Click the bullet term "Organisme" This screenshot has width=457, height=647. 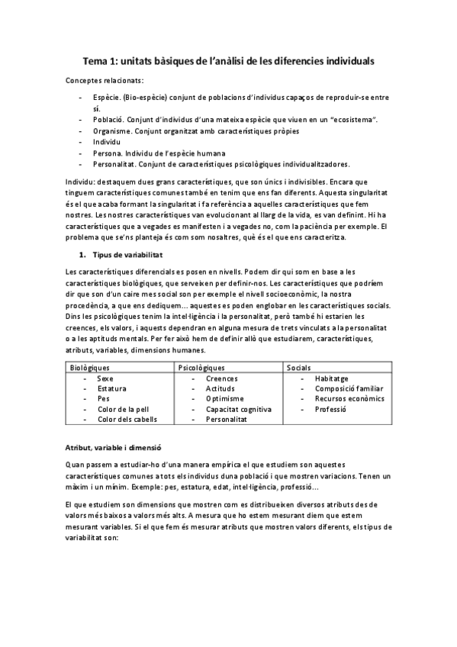[111, 130]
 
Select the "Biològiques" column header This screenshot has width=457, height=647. [90, 367]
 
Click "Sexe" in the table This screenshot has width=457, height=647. [106, 378]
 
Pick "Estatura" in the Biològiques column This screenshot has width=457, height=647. [112, 388]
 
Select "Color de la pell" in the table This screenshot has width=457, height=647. [123, 409]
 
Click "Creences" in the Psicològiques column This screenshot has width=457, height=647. [221, 378]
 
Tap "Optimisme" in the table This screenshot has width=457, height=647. [224, 398]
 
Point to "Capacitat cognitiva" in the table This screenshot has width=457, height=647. [238, 409]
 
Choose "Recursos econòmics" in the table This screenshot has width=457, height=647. [349, 398]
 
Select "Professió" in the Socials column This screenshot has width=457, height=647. [330, 409]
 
